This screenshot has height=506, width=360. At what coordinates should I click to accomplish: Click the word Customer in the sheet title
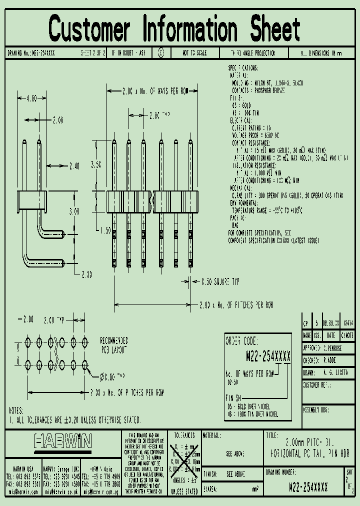coord(89,28)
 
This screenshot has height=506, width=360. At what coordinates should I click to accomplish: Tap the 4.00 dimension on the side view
coord(31,98)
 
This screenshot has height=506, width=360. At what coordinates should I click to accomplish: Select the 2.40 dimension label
coord(74,166)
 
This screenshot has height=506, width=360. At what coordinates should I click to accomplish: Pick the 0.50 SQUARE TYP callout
coord(220,281)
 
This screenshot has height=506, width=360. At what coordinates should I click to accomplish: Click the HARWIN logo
coord(63,440)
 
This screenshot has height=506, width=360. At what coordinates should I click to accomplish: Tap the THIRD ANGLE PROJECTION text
coord(252,53)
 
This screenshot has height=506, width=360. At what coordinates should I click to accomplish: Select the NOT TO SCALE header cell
coord(194,53)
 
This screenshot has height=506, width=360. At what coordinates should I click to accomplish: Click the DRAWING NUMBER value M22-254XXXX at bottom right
coord(308,485)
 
